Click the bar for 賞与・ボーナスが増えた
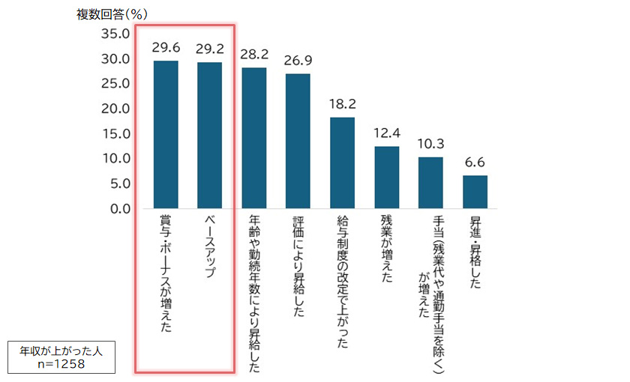tap(166, 134)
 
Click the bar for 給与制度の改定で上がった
tap(342, 163)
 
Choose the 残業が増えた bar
tap(386, 177)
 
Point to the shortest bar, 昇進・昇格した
tap(475, 192)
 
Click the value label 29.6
tap(166, 48)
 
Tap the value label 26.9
tap(298, 60)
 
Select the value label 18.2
tap(342, 103)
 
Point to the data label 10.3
tap(430, 143)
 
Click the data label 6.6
tap(475, 162)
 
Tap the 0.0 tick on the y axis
tap(118, 208)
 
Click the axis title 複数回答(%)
tap(112, 14)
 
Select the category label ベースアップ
tap(209, 248)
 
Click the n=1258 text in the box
tap(62, 363)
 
